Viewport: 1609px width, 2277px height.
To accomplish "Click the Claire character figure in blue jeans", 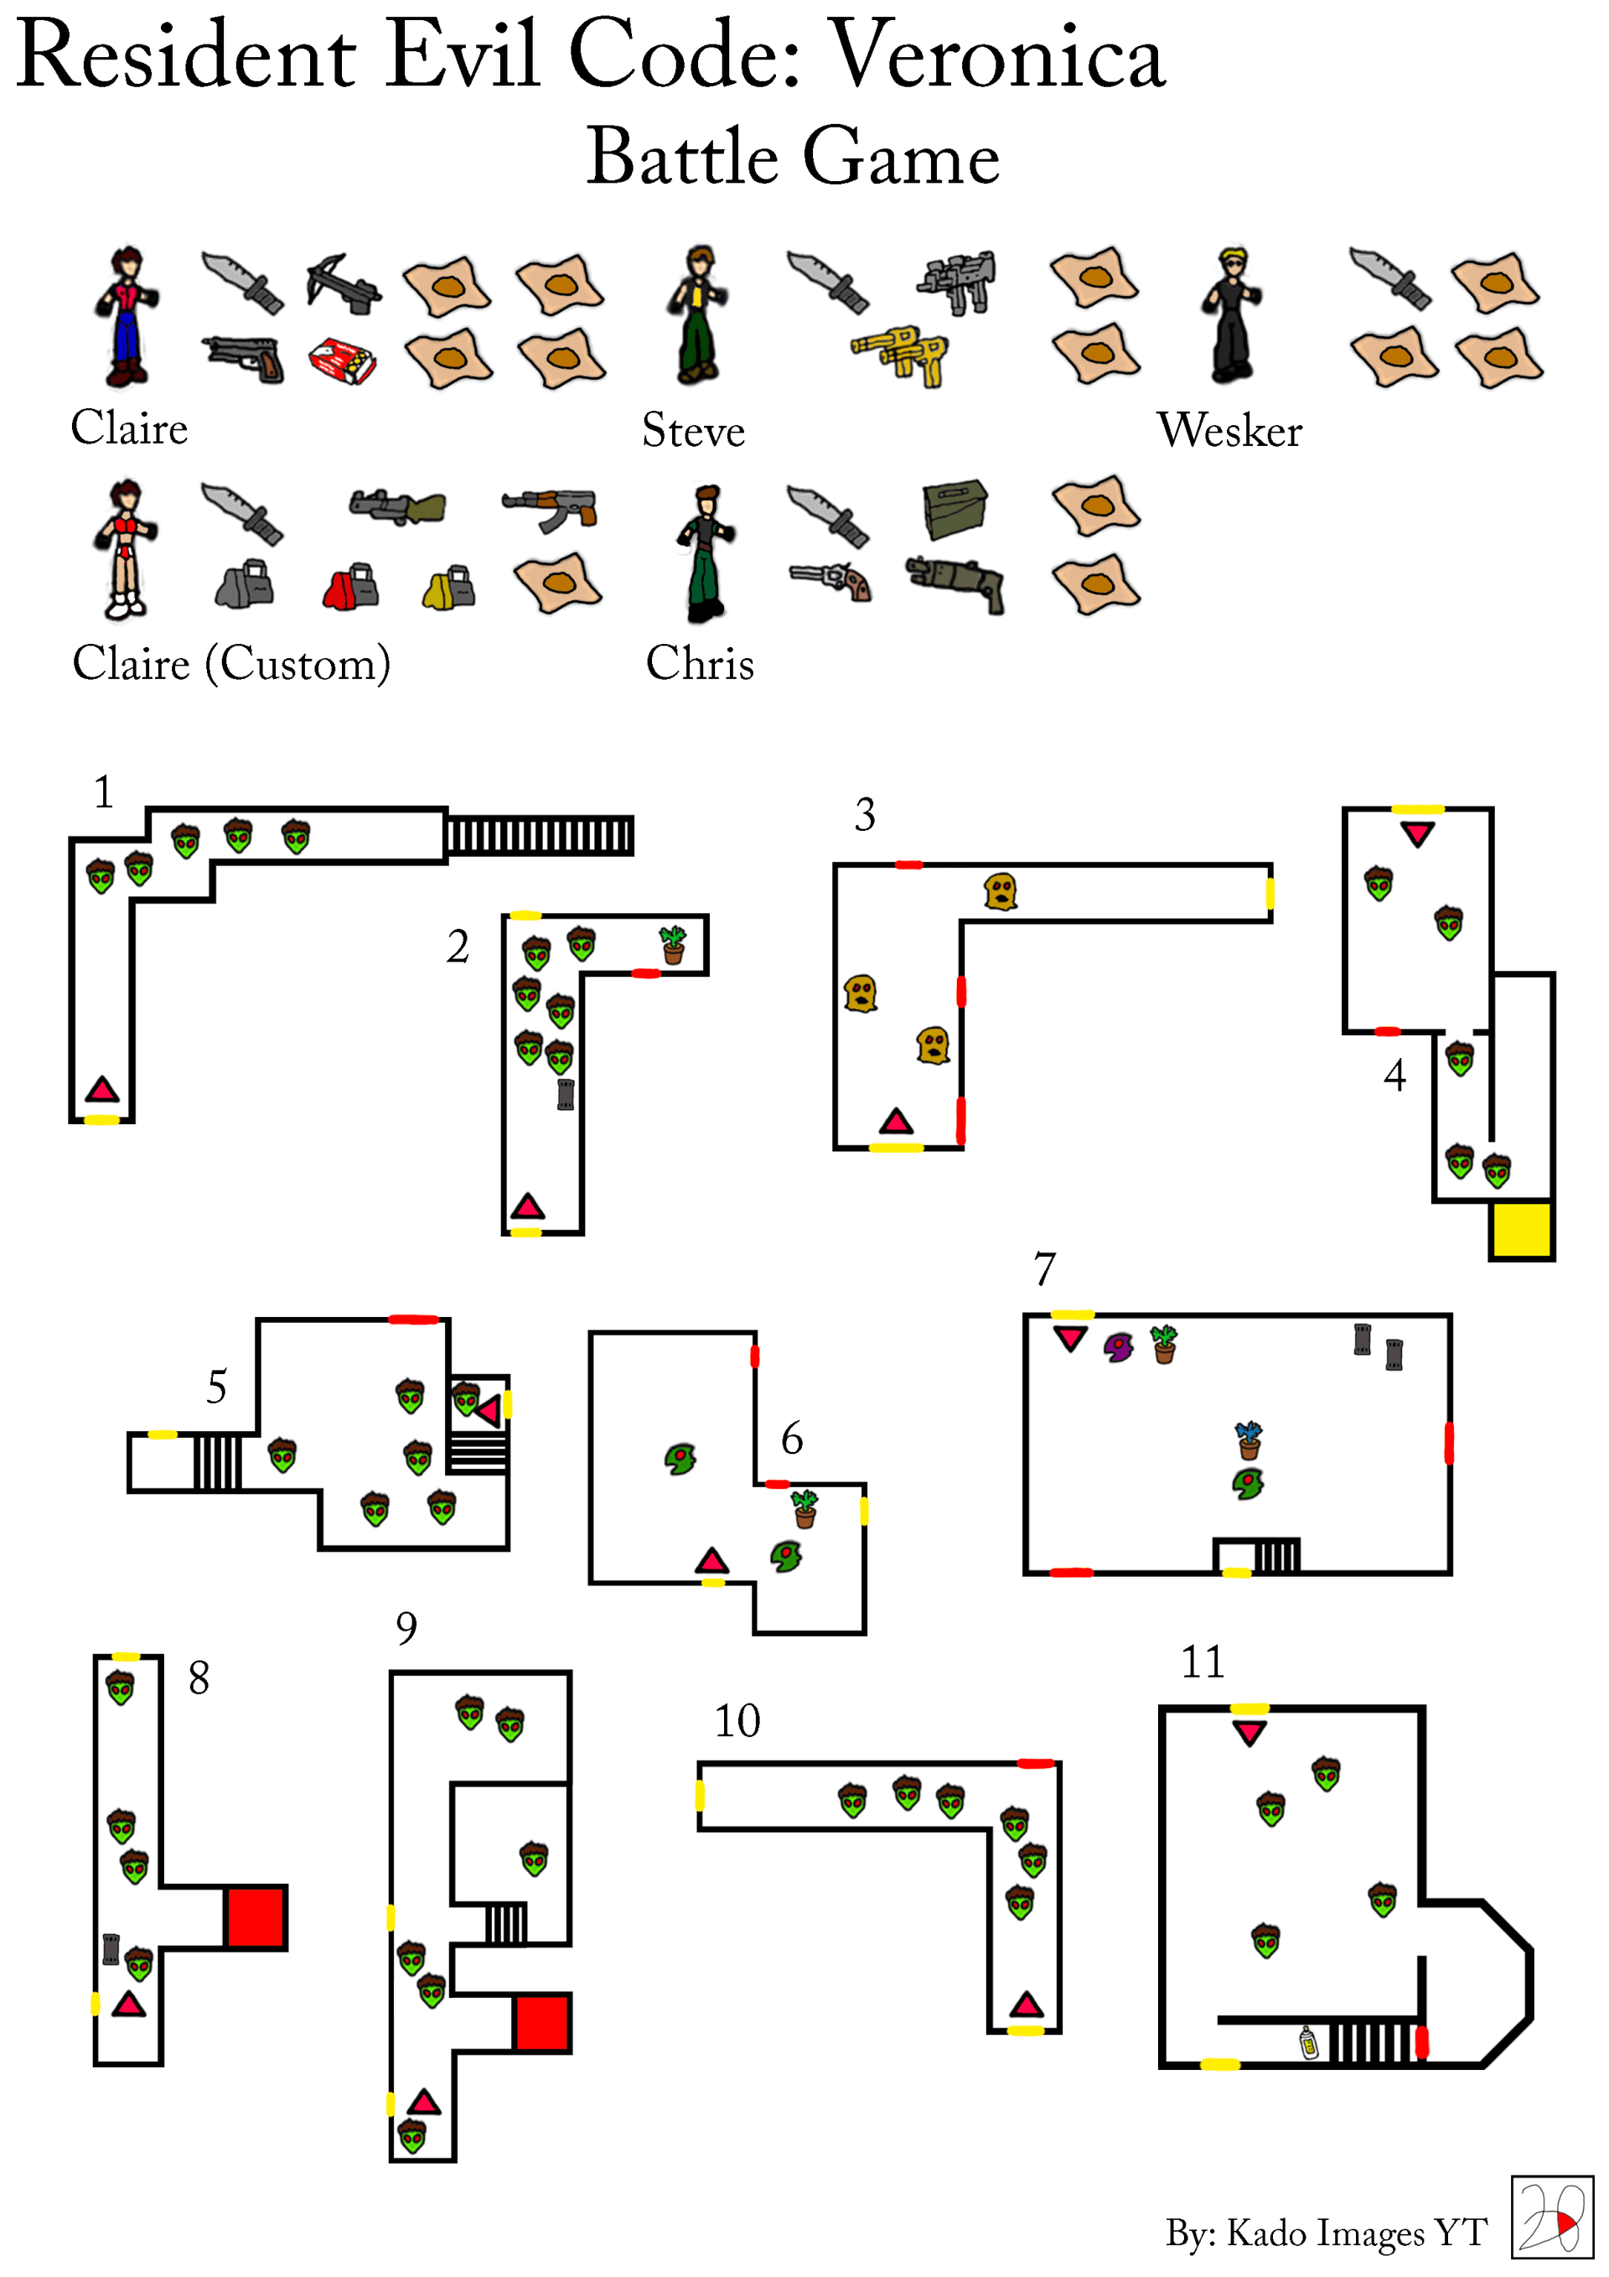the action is pos(126,316).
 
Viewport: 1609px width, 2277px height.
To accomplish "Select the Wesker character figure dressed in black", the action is pos(1231,314).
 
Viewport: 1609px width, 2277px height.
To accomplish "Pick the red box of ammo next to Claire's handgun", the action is pos(342,360).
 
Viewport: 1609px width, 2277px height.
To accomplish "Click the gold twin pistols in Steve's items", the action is pos(900,355).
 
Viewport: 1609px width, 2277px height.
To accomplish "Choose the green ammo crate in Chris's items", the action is pos(955,508).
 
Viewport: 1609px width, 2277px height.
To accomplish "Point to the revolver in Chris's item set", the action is pos(830,581).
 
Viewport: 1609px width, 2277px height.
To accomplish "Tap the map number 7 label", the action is pos(1045,1268).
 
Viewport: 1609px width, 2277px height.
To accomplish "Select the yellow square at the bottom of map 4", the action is pos(1521,1230).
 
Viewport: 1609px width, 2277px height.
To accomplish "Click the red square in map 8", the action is pos(256,1917).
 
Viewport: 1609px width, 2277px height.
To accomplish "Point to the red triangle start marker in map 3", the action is pos(896,1121).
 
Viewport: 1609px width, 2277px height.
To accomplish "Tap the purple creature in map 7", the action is pos(1118,1346).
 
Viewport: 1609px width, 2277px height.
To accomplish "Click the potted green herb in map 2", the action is pos(673,944).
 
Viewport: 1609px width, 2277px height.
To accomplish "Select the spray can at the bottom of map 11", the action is pos(1309,2043).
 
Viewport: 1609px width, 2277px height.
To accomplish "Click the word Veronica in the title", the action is pos(996,54).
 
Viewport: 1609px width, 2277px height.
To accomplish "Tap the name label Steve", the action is pos(693,430).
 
